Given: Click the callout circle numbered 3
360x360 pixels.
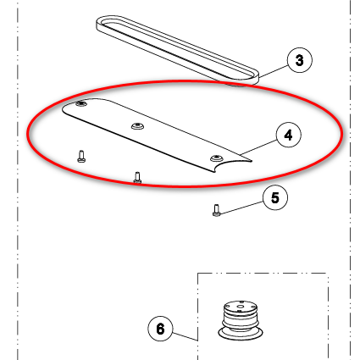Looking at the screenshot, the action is click(x=300, y=60).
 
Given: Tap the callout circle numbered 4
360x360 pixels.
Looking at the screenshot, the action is click(x=288, y=136).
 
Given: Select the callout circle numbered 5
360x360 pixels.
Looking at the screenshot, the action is click(x=275, y=197).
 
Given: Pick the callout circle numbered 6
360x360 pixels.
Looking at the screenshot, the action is click(x=160, y=329).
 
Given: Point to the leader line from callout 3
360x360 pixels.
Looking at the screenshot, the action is click(x=273, y=71).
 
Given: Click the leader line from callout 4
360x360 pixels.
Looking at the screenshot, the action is click(x=258, y=147).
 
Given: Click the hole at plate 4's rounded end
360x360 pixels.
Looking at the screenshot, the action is click(x=81, y=104).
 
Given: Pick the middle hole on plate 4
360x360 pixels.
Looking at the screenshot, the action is click(x=137, y=126).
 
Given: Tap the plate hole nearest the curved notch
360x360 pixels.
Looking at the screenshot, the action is click(x=216, y=158).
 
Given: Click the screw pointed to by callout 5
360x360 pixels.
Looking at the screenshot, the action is click(x=216, y=210).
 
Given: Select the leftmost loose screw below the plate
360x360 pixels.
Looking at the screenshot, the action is click(x=81, y=157).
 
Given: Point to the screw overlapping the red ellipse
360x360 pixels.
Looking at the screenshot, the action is click(x=137, y=178).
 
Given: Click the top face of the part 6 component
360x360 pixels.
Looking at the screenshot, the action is click(x=240, y=306).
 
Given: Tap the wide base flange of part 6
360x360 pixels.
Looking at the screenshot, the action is click(x=241, y=334).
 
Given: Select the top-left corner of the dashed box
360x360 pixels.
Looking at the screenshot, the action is click(x=197, y=274).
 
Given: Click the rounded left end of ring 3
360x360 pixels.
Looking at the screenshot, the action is click(x=99, y=23).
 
